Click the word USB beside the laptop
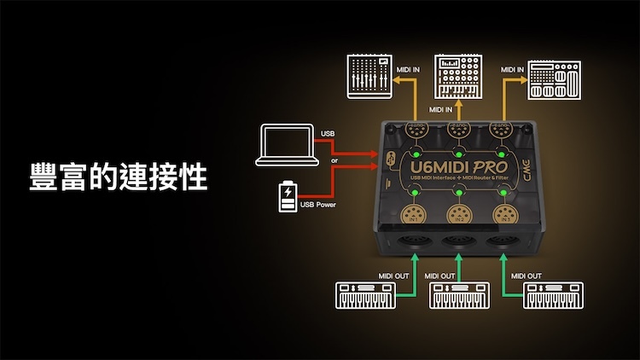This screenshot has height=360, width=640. coord(329,133)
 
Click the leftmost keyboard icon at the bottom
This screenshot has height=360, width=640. coord(364,296)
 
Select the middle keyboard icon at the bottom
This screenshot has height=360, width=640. coord(460,296)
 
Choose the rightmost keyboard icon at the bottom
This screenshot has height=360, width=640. coord(554,296)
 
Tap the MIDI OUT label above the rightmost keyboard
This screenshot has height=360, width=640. coord(527,276)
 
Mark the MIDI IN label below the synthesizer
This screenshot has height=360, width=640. coord(441,110)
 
